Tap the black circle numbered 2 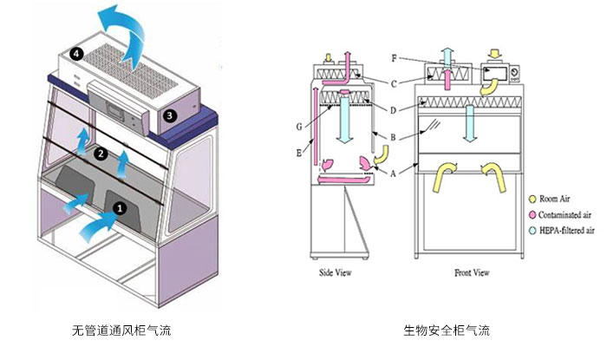coord(101,154)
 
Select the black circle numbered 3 coord(170,115)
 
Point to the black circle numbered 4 coord(78,54)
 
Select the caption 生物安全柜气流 coord(446,331)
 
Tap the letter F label coord(395,59)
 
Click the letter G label coord(299,128)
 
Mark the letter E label coord(299,154)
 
